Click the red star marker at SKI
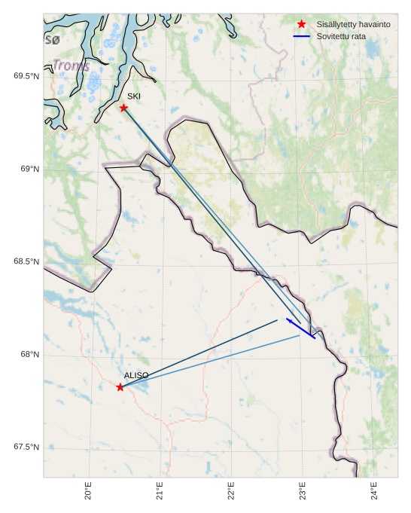pos(123,108)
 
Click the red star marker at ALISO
pos(120,387)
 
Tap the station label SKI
pos(133,96)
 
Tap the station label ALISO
pos(136,375)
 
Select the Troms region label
pos(71,66)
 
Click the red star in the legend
pos(302,24)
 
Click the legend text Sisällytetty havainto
pos(353,25)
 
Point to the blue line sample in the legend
pos(302,36)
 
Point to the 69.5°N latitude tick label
pos(26,76)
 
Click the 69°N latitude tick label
pos(30,169)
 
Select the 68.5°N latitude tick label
pos(26,262)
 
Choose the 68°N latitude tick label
pos(30,355)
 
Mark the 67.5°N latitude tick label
pos(26,447)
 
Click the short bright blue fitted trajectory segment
pos(301,329)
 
